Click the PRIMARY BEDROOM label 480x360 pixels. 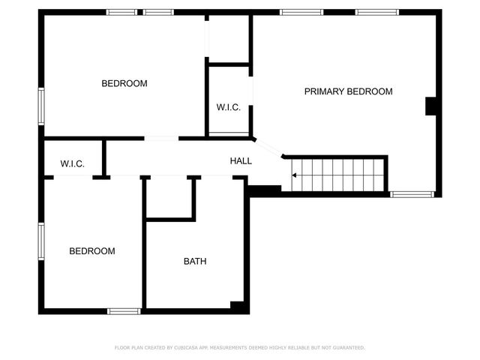point(348,91)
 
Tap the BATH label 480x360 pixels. point(195,262)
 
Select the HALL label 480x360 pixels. point(241,160)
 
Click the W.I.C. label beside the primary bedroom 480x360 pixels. point(228,108)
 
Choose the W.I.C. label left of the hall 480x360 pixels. point(72,164)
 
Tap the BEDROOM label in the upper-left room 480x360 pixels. point(124,83)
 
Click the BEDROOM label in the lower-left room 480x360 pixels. point(92,251)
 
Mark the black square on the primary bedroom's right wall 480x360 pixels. point(432,106)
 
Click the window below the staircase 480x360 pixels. point(412,194)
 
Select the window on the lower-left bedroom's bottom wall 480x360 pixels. point(123,311)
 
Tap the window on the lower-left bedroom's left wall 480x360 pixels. point(41,241)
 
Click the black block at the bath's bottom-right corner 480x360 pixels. point(238,307)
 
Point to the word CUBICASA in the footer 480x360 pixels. point(187,348)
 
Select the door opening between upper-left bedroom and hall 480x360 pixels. point(161,138)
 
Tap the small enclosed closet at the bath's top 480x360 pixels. point(170,197)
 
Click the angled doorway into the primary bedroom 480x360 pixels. point(268,147)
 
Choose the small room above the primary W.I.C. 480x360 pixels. point(228,39)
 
